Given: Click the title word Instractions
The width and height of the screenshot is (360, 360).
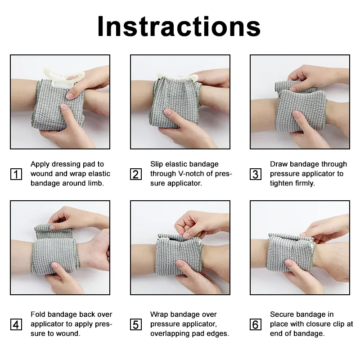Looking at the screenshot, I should point(179,27).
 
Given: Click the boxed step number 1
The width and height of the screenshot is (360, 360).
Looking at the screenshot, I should point(16,174).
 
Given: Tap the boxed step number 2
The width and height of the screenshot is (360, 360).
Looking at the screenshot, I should point(136,174).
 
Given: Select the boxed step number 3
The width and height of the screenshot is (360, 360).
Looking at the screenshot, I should point(256,174).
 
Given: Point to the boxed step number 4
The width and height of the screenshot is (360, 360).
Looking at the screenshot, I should point(16,324).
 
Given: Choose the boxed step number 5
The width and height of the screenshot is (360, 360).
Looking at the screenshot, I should point(136,324).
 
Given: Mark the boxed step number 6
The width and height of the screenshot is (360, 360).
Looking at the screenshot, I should point(256,324).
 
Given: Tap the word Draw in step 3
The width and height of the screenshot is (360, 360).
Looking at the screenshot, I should point(279,164).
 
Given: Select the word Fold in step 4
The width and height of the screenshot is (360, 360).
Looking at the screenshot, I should point(38,314).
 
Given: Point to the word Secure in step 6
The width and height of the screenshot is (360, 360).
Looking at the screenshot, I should point(283,314).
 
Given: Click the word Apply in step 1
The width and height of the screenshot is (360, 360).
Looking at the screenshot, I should point(40,164).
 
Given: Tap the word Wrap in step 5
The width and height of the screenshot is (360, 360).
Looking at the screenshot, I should point(159,314).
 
